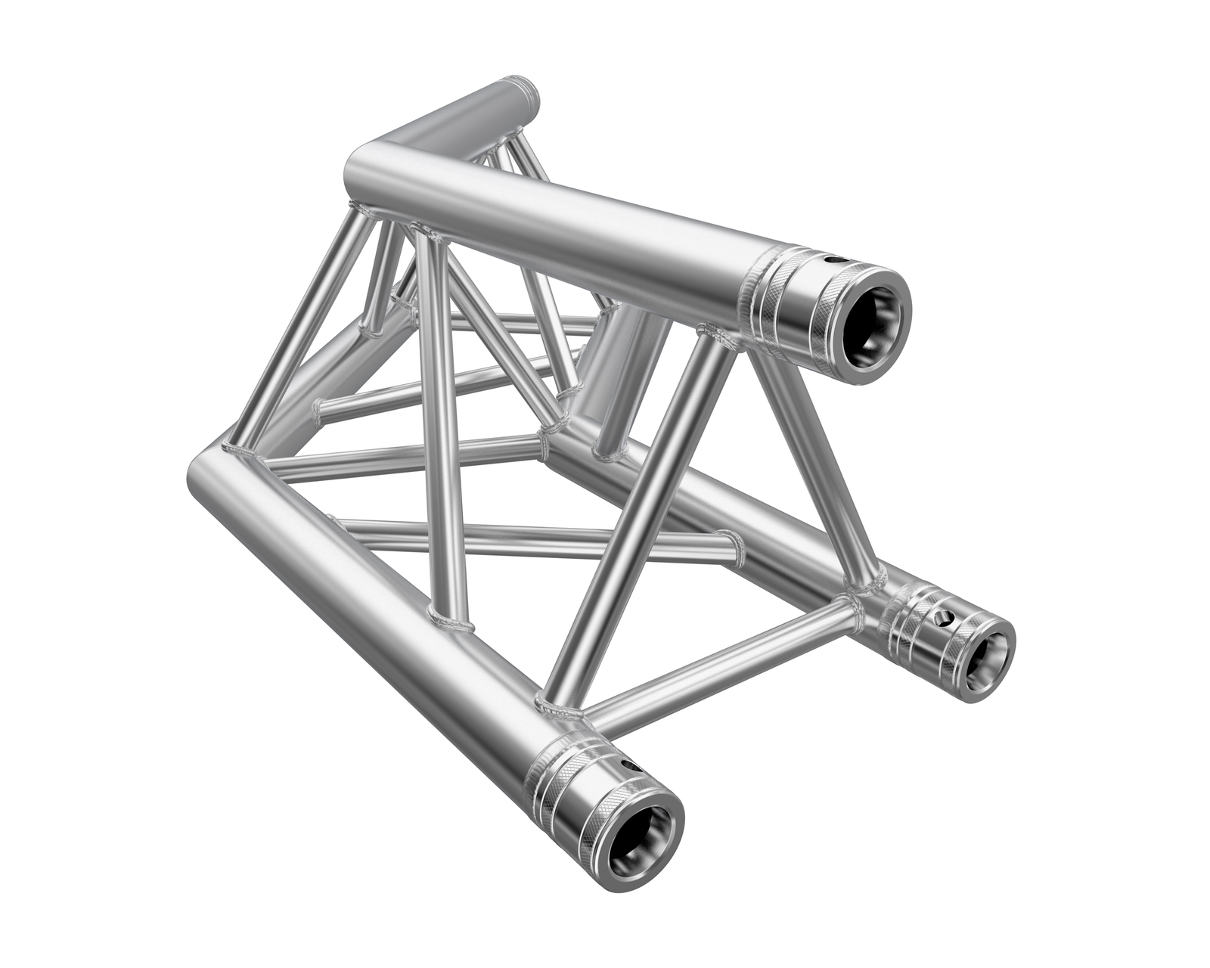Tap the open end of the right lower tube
(989, 650)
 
